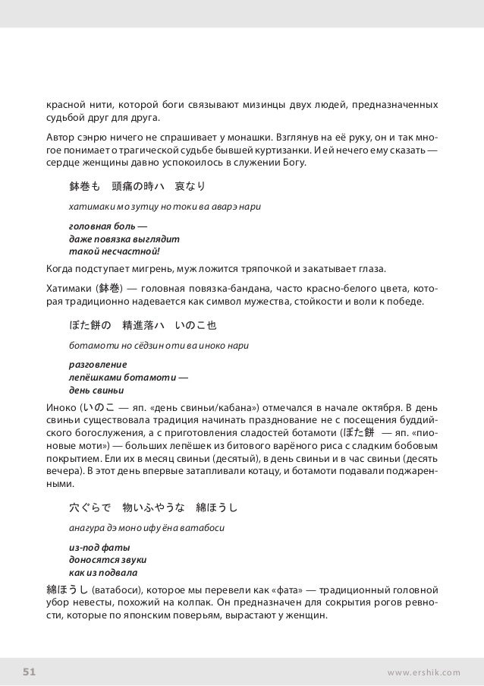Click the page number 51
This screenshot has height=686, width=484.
coord(29,672)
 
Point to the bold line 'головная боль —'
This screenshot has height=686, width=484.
coord(108,226)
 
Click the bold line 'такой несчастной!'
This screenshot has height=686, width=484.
coord(115,251)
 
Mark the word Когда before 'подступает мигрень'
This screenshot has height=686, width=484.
coord(60,269)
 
